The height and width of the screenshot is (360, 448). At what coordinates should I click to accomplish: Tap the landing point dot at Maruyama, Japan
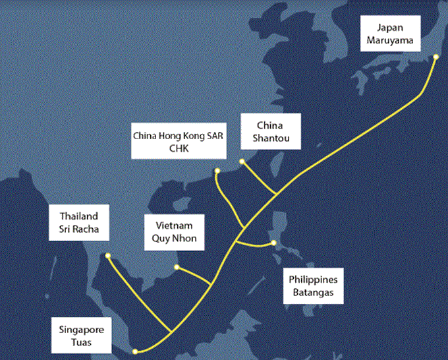[x=436, y=57]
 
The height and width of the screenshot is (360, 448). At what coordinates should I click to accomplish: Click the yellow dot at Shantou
[x=242, y=161]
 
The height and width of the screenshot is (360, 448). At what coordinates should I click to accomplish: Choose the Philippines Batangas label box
[x=314, y=285]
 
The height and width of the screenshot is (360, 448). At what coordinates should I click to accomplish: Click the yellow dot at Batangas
[x=274, y=245]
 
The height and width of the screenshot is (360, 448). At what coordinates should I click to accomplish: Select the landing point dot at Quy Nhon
[x=176, y=267]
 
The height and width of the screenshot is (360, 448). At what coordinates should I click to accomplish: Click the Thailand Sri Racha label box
[x=79, y=223]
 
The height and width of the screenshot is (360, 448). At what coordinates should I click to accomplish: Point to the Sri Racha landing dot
[x=108, y=256]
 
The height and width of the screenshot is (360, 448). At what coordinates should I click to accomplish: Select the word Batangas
[x=314, y=292]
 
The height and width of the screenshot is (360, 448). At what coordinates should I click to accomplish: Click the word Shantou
[x=270, y=138]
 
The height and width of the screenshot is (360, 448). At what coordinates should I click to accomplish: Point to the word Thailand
[x=79, y=216]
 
